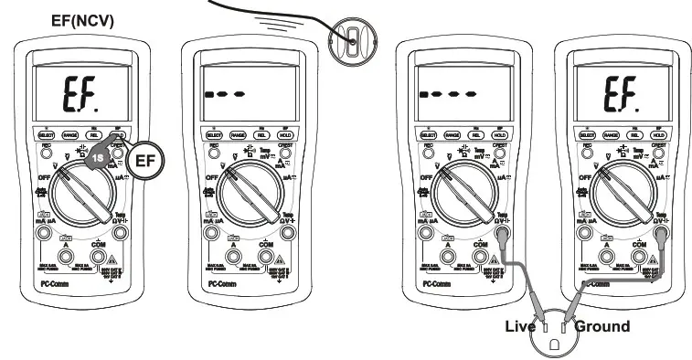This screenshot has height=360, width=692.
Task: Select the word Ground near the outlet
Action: pos(602,326)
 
